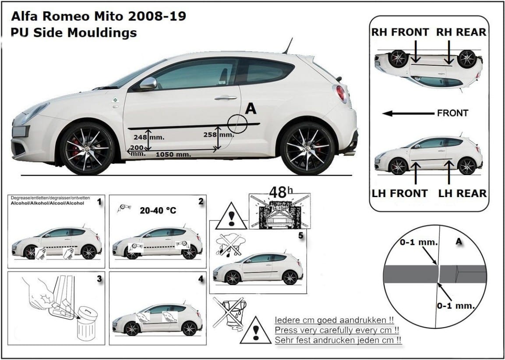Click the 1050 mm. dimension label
[173, 155]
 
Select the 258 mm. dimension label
[219, 135]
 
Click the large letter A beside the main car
[251, 109]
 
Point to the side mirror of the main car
[148, 83]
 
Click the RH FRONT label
[400, 32]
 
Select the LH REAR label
[463, 194]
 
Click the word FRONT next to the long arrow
[452, 113]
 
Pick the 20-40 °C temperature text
[158, 211]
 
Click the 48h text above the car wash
[281, 192]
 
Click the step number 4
[201, 279]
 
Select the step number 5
[300, 235]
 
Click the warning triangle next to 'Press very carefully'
[256, 330]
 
